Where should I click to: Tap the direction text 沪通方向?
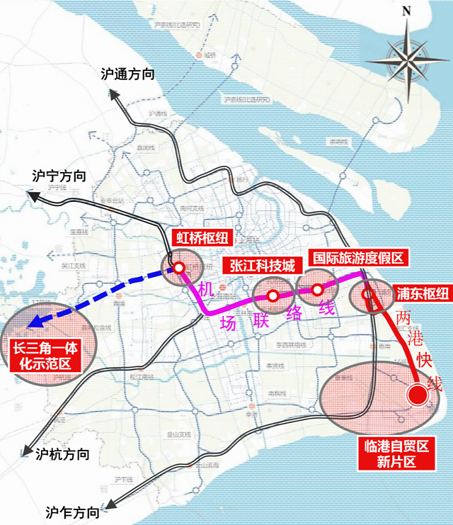tap(127, 74)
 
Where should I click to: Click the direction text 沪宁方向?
tap(59, 176)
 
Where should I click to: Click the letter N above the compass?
tap(406, 11)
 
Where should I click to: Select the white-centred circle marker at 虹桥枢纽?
tap(180, 268)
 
